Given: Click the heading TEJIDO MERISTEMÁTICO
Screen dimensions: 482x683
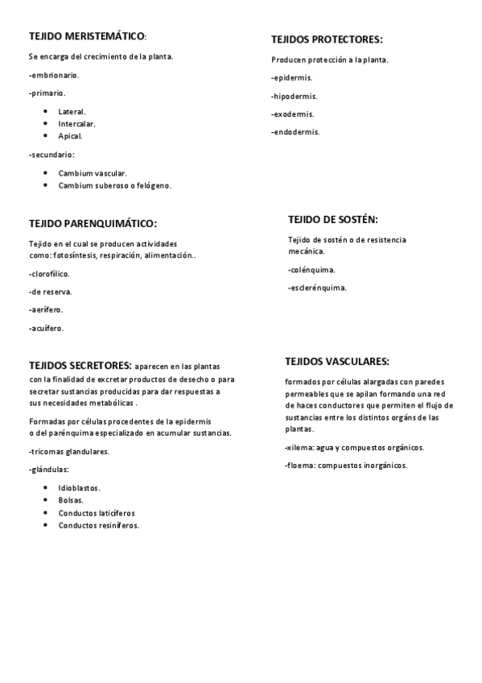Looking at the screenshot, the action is click(87, 37).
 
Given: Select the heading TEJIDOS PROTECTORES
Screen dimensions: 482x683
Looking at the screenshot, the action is click(326, 39).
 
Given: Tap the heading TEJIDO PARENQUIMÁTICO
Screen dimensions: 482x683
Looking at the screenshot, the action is click(93, 223).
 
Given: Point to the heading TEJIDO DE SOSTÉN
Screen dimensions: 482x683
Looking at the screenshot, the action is click(332, 219).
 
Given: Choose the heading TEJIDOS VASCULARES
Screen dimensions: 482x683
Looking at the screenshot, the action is click(337, 362).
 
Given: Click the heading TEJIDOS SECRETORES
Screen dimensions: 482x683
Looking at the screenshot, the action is click(80, 365).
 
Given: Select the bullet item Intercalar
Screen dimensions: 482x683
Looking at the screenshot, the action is click(76, 124).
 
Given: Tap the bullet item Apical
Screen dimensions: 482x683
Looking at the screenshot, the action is click(70, 136).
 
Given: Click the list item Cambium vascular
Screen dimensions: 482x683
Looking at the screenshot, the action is click(93, 173).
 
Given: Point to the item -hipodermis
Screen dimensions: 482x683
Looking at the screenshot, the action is click(294, 96).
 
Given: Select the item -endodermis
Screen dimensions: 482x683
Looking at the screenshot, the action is click(295, 132).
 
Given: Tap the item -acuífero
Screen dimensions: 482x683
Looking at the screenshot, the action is click(47, 329).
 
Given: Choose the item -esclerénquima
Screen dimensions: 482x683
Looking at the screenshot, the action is click(317, 288).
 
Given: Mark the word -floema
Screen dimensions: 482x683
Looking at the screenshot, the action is click(301, 466).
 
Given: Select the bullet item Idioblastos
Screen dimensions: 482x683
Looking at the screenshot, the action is click(79, 488).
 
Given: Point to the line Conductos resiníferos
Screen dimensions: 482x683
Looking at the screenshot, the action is click(98, 525).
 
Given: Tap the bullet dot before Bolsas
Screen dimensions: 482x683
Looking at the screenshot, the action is click(46, 500).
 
